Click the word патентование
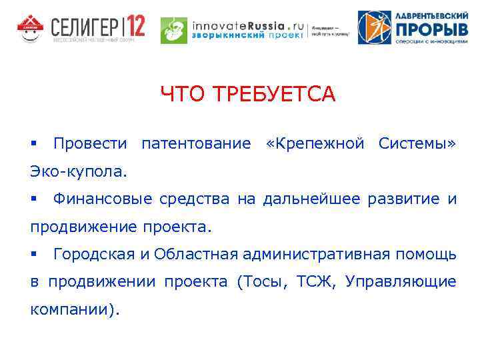(x=197, y=143)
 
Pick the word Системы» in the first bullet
(x=417, y=143)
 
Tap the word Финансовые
(x=102, y=199)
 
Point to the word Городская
(x=96, y=254)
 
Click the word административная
(x=318, y=254)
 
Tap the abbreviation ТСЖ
(x=311, y=282)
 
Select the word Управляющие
(x=401, y=282)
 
